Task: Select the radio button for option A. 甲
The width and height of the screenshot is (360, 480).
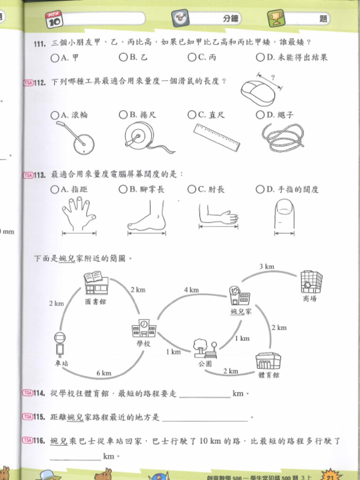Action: [55, 58]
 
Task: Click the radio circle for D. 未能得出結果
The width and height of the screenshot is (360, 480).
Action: [260, 57]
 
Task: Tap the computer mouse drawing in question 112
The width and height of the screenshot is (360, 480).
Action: [258, 92]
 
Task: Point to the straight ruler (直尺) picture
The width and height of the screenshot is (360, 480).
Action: [217, 137]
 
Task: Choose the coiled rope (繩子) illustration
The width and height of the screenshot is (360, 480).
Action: [282, 137]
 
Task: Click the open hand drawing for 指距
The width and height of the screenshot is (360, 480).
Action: [78, 213]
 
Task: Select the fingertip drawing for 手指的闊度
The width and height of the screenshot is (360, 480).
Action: [284, 214]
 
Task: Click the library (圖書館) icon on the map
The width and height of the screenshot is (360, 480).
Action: [96, 283]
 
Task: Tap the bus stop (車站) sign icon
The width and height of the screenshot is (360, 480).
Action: [60, 345]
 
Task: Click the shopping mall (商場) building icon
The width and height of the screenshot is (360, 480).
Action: [311, 282]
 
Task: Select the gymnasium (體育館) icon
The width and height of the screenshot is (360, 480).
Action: [268, 360]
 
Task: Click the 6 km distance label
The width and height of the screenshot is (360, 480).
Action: [104, 373]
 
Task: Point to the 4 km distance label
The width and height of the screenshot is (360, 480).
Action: [191, 290]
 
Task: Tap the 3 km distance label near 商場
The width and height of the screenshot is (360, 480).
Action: [267, 266]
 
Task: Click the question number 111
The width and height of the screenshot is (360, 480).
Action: [40, 44]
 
